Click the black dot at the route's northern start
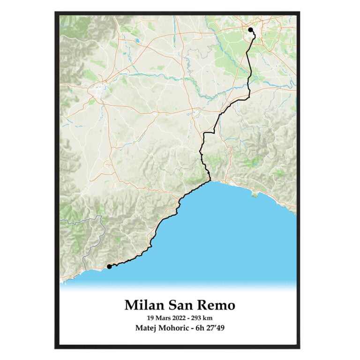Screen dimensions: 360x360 point(251,30)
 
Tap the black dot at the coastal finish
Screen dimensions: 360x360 point(109,266)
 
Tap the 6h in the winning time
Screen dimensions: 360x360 point(204,328)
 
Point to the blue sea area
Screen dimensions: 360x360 point(234,234)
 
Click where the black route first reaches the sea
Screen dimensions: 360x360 point(210,180)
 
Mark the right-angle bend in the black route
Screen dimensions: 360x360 point(204,133)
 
